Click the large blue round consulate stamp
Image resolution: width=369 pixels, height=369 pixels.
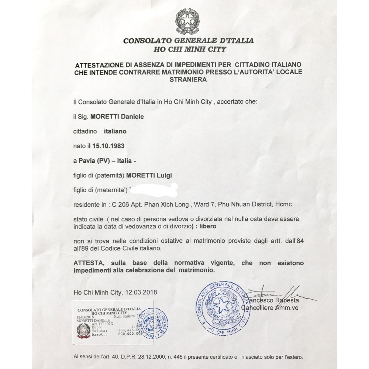[222, 305]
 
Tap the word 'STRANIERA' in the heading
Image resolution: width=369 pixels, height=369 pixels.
[188, 79]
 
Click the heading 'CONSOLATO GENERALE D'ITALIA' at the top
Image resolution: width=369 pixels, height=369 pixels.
[188, 41]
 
